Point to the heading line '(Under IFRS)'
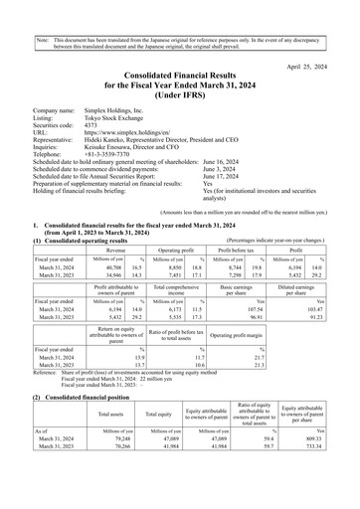pyautogui.click(x=180, y=93)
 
